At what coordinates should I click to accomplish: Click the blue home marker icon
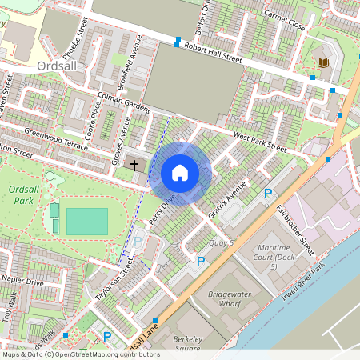click(180, 172)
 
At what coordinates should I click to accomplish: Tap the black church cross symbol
click(134, 166)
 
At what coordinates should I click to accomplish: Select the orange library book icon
click(322, 62)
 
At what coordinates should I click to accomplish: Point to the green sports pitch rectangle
click(86, 222)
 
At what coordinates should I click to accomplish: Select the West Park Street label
click(259, 142)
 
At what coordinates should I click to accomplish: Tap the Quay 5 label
click(220, 242)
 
